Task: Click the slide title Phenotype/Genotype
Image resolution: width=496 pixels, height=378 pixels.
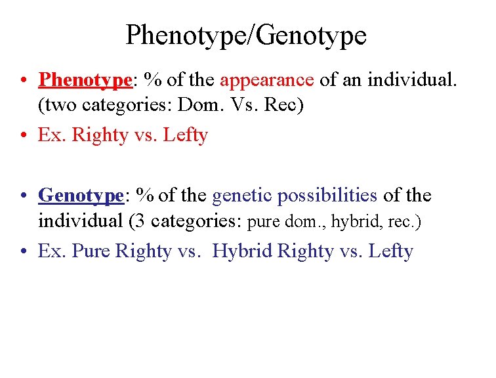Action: pyautogui.click(x=246, y=35)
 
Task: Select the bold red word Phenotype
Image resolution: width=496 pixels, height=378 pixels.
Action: pyautogui.click(x=85, y=80)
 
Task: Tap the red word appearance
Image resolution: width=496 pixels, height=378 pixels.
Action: pyautogui.click(x=267, y=80)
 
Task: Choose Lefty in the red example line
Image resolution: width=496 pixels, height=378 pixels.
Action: pyautogui.click(x=185, y=135)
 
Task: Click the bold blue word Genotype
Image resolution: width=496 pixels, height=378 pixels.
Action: pyautogui.click(x=81, y=196)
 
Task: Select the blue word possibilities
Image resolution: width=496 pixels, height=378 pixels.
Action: pyautogui.click(x=327, y=196)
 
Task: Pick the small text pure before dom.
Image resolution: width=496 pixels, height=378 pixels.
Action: pyautogui.click(x=263, y=222)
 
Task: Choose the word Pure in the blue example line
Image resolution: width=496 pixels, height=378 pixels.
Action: pyautogui.click(x=91, y=251)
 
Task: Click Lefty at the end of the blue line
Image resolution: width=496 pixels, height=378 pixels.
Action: pyautogui.click(x=390, y=251)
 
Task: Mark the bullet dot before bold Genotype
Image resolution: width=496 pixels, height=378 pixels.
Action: pyautogui.click(x=22, y=196)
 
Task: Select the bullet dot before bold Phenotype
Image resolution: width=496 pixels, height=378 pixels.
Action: pyautogui.click(x=22, y=81)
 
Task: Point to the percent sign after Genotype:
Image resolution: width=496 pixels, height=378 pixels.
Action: pyautogui.click(x=146, y=196)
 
